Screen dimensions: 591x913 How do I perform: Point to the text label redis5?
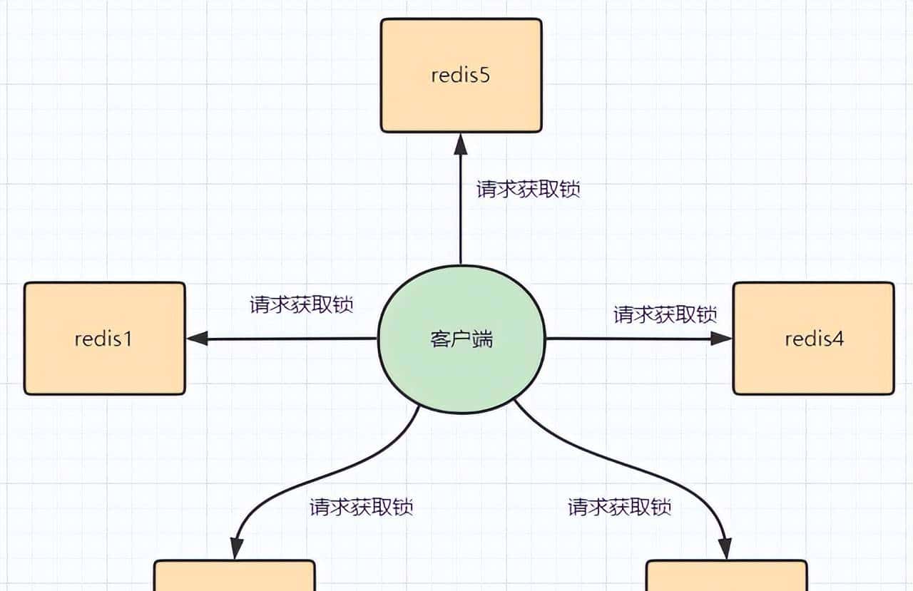click(x=461, y=76)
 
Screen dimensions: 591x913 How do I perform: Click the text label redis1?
click(x=103, y=339)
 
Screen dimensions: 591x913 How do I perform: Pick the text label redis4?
click(x=814, y=339)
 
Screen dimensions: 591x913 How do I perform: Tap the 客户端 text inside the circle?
click(x=461, y=339)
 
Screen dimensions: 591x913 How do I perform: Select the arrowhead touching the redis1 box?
click(x=198, y=339)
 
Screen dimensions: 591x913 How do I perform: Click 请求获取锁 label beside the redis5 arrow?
click(x=528, y=190)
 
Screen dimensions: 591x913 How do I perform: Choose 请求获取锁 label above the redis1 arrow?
click(x=302, y=304)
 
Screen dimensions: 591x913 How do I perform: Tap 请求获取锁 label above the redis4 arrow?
click(x=665, y=314)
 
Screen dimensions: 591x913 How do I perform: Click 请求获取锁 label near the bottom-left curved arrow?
click(x=362, y=508)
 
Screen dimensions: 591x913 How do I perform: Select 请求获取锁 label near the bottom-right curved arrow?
click(x=619, y=508)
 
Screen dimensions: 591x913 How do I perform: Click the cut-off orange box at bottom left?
click(x=235, y=576)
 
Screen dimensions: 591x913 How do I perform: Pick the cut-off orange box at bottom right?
click(x=726, y=576)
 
